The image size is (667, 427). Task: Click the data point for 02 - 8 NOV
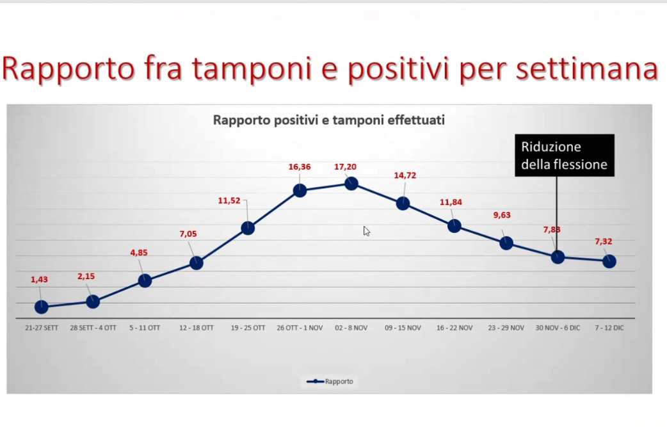351,184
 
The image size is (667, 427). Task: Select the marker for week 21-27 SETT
41,307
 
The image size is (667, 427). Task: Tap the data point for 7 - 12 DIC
609,261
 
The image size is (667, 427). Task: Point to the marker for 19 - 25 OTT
248,228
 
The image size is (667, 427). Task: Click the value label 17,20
345,167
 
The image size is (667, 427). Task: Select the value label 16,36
300,167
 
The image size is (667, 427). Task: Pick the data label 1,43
39,279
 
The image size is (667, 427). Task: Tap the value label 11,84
451,202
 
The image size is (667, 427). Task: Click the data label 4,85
139,253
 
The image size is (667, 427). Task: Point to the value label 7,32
603,241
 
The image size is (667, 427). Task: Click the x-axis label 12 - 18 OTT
196,328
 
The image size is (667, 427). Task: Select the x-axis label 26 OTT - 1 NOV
300,328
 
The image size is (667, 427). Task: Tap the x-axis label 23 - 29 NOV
506,328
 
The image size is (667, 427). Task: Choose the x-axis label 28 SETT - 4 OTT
93,328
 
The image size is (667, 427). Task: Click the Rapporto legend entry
330,382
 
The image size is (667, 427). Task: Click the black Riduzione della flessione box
565,155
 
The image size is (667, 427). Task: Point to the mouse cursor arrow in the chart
366,231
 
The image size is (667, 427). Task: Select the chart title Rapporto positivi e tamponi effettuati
329,120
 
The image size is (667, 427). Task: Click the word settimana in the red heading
587,68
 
